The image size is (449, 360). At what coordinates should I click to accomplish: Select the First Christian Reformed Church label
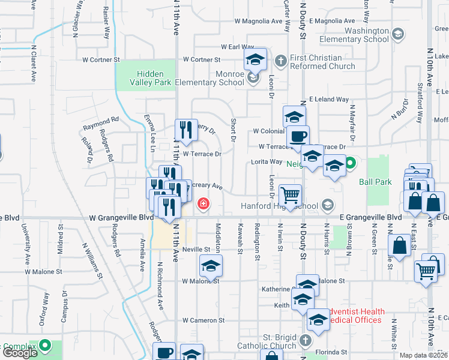[322, 62]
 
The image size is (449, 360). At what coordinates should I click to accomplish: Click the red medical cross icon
[204, 204]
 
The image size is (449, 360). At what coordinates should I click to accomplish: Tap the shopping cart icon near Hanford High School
[290, 195]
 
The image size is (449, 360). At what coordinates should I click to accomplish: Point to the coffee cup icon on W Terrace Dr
[298, 136]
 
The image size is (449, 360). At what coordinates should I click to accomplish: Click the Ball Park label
[375, 181]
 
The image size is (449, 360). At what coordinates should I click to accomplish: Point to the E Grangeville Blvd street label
[369, 217]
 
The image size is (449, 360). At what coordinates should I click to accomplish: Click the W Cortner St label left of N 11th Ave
[101, 60]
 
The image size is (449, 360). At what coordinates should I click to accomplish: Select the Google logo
[19, 353]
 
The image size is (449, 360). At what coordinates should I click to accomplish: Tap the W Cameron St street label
[203, 321]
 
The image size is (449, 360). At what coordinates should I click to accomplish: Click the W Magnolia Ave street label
[258, 21]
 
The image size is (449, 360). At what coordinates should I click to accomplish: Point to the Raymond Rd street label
[101, 120]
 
